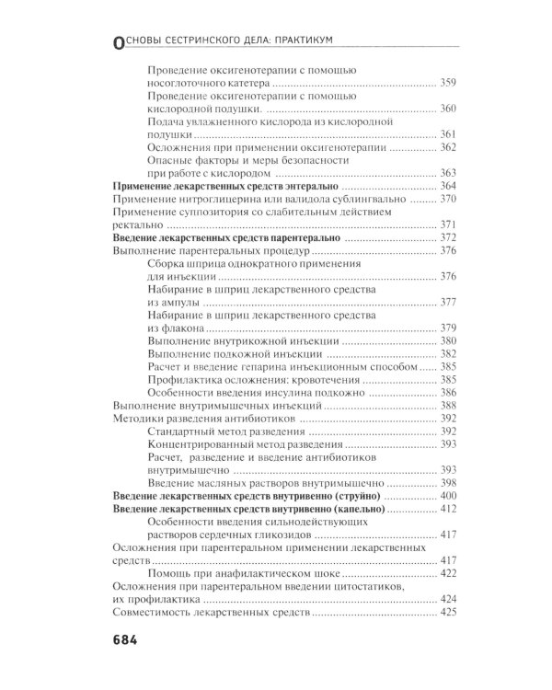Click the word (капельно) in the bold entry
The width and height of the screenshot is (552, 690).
[355, 509]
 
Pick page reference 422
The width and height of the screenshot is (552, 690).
[448, 573]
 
